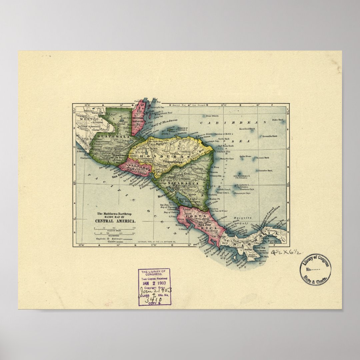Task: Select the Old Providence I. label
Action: [x=242, y=175]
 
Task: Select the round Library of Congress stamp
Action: [x=315, y=269]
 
